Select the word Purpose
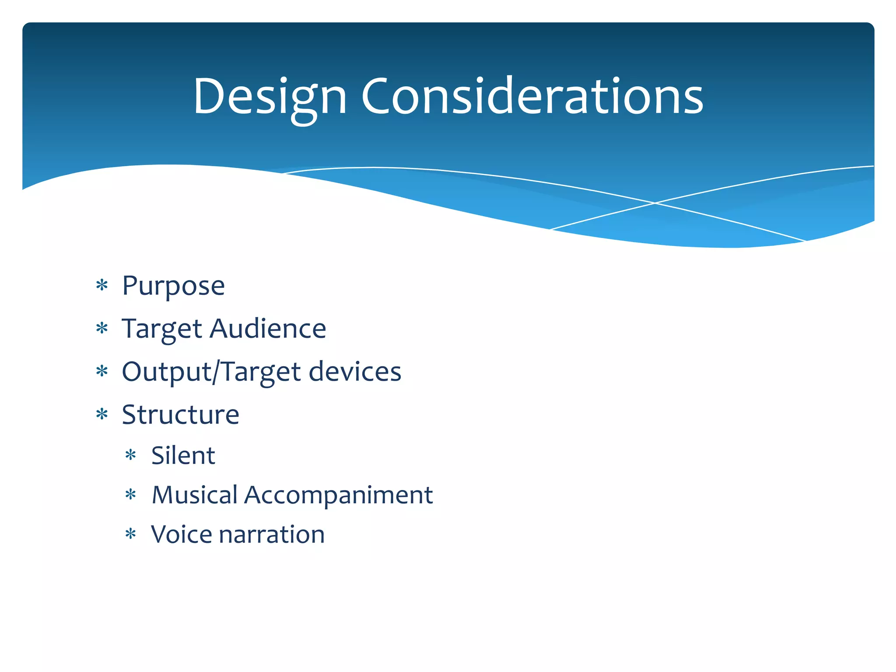pyautogui.click(x=173, y=286)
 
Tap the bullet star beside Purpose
pyautogui.click(x=102, y=286)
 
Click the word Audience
pyautogui.click(x=268, y=329)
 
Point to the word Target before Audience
pyautogui.click(x=162, y=329)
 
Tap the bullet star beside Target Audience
pyautogui.click(x=102, y=328)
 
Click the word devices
pyautogui.click(x=355, y=371)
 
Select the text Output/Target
pyautogui.click(x=211, y=372)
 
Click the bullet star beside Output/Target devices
pyautogui.click(x=102, y=371)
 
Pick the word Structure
pyautogui.click(x=180, y=414)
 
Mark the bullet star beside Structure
pyautogui.click(x=102, y=414)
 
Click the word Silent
pyautogui.click(x=183, y=455)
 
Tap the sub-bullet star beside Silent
pyautogui.click(x=131, y=455)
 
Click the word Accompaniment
pyautogui.click(x=338, y=495)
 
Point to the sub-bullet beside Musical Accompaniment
pyautogui.click(x=131, y=495)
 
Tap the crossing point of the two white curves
pyautogui.click(x=655, y=203)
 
